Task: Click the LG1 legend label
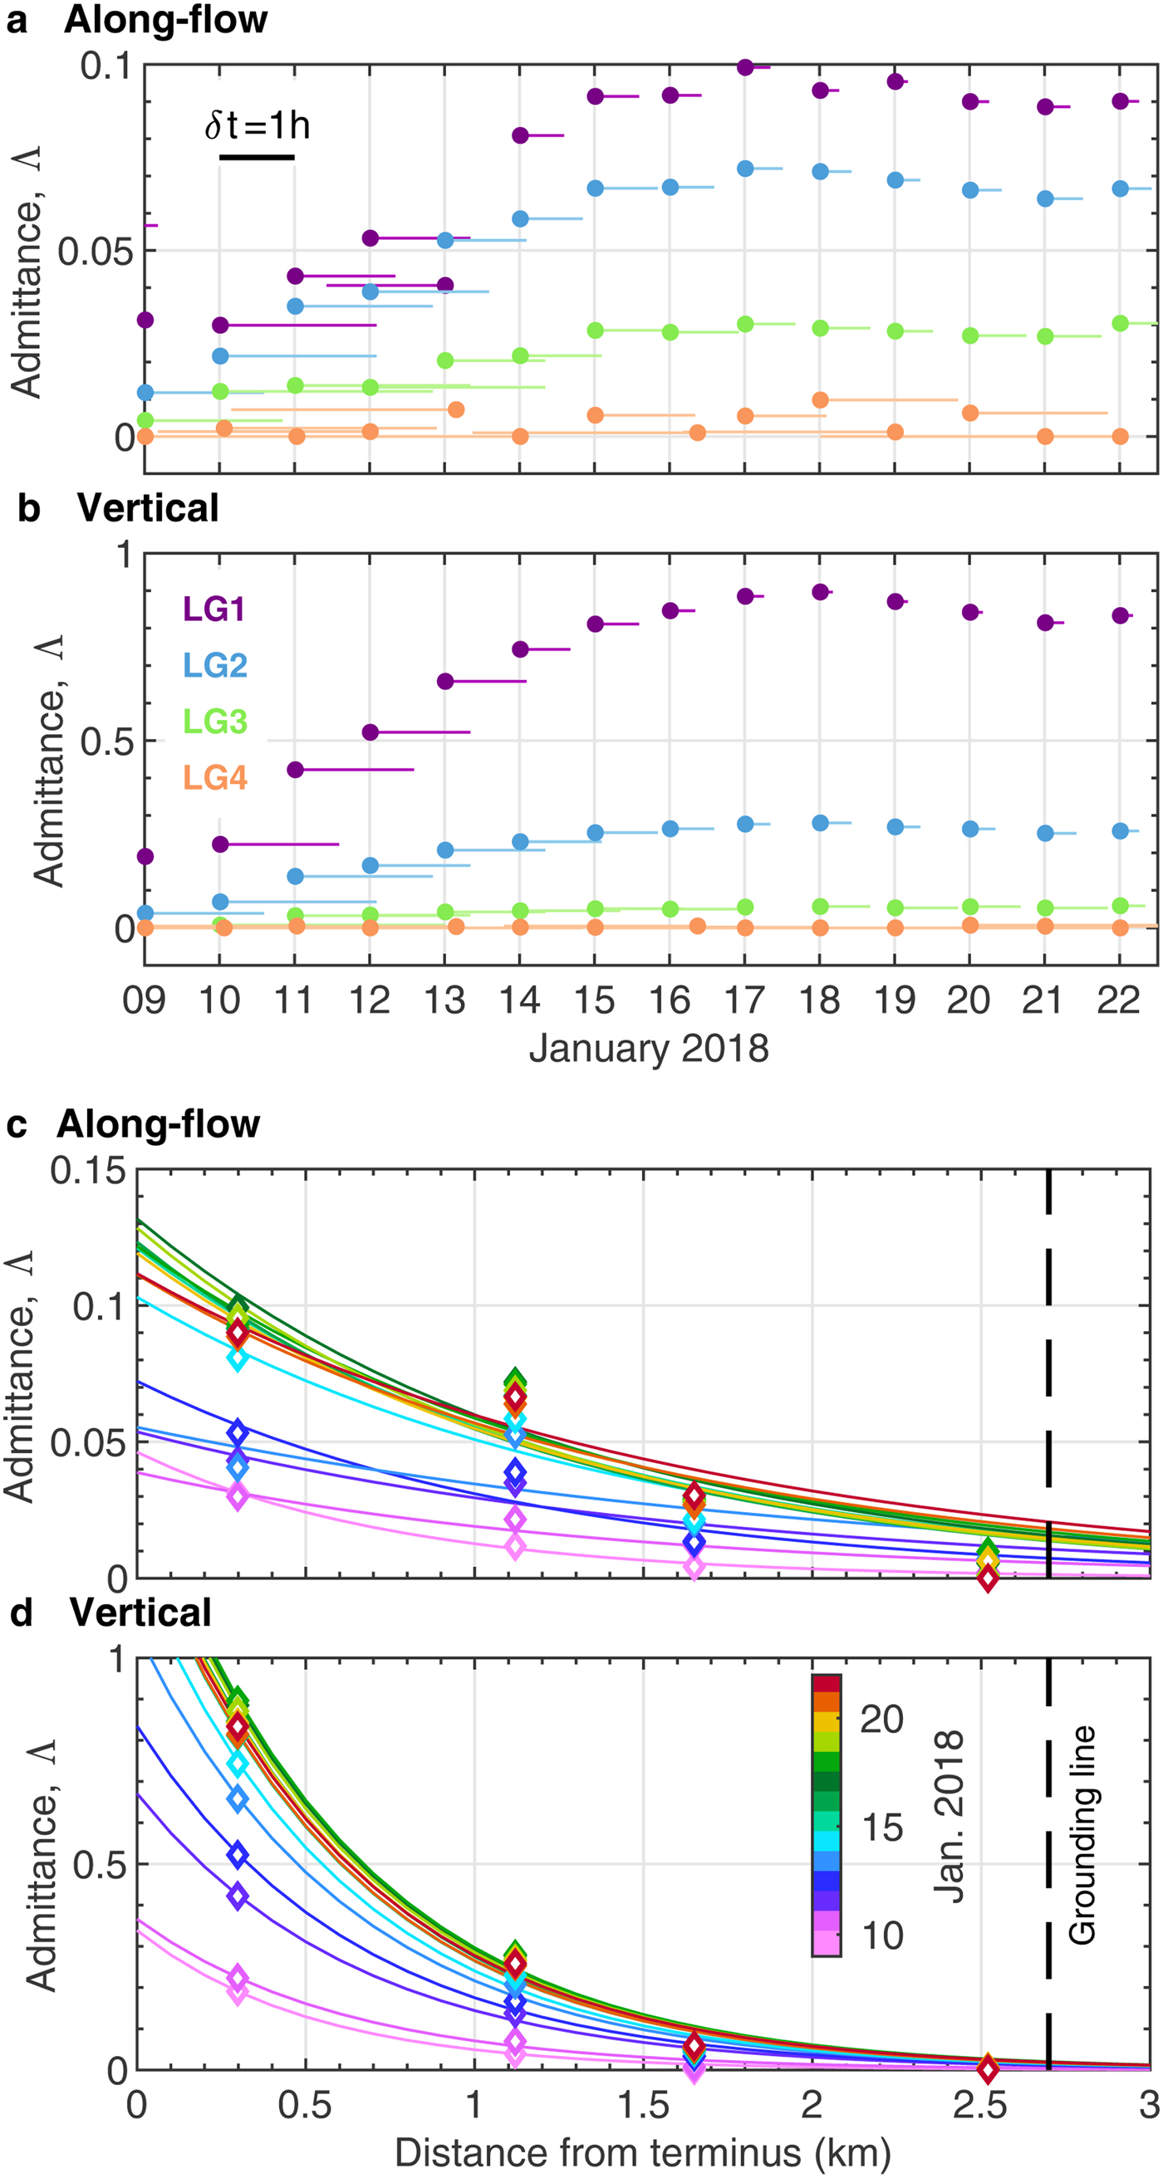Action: [214, 609]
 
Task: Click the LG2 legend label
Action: [216, 665]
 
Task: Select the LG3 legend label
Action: [216, 722]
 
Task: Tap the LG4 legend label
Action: [216, 777]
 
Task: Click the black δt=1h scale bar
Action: [258, 157]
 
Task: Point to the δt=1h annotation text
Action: [258, 126]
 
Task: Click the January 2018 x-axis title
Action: [649, 1049]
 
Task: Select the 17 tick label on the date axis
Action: [744, 1001]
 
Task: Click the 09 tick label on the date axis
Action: [144, 1001]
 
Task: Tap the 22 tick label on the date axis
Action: [1118, 1001]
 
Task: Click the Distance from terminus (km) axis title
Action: [643, 2152]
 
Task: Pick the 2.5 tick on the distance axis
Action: [981, 2105]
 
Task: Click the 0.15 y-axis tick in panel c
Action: [88, 1171]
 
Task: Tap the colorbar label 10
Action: [882, 1936]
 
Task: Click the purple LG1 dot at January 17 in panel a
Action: [745, 67]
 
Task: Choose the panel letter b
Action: [29, 509]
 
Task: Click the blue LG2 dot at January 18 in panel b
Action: [820, 823]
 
